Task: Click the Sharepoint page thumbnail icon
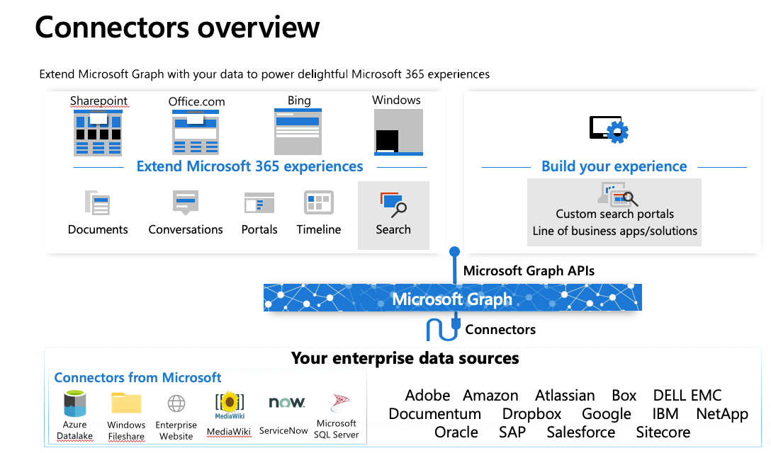(98, 132)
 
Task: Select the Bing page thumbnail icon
(298, 131)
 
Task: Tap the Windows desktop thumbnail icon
(398, 132)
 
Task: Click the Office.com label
(197, 102)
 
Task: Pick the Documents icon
(97, 202)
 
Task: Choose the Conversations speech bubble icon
(186, 202)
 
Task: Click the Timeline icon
(319, 202)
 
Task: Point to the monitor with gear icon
(609, 130)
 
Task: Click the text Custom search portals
(614, 214)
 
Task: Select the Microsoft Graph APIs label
(529, 270)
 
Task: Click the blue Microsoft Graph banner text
(452, 299)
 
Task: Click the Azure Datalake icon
(74, 403)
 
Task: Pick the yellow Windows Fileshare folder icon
(126, 403)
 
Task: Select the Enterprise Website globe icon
(176, 403)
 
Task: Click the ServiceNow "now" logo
(287, 403)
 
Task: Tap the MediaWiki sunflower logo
(230, 403)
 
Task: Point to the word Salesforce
(580, 432)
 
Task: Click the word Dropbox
(531, 414)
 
